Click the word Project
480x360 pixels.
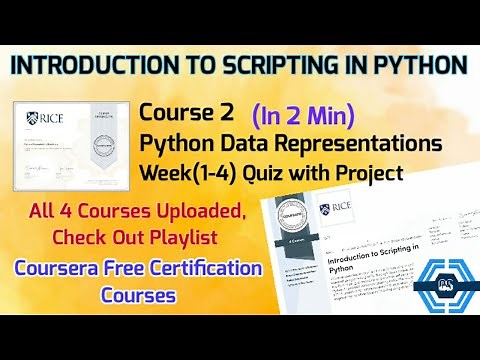coord(369,173)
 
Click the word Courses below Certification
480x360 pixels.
coord(137,296)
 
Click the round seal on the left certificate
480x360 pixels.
coord(99,145)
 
